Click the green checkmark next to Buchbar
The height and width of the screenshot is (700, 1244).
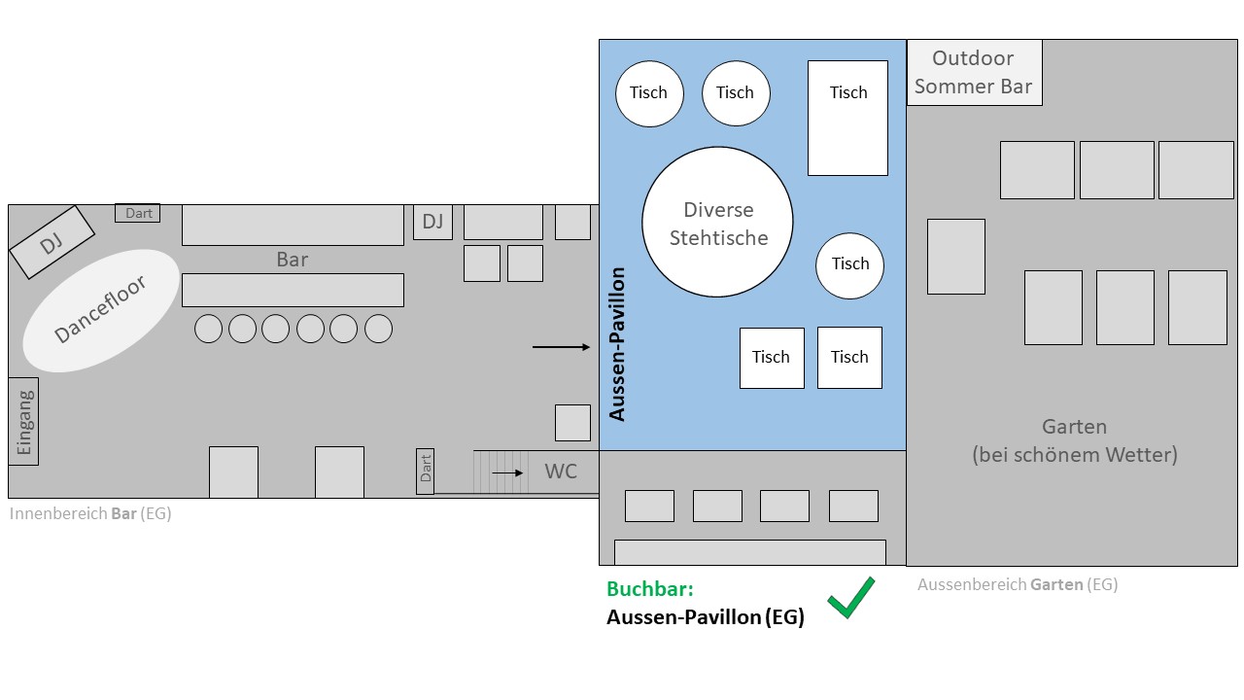[850, 599]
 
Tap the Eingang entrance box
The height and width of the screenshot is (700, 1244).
[23, 421]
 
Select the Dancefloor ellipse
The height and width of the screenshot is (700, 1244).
[101, 309]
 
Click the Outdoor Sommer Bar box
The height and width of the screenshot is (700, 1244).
[974, 73]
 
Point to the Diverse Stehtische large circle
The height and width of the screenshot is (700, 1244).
[717, 223]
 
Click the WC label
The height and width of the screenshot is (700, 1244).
[561, 472]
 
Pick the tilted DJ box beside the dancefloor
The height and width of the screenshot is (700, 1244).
[52, 242]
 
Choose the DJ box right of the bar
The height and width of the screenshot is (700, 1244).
[432, 222]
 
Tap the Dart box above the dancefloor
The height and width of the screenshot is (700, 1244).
[138, 213]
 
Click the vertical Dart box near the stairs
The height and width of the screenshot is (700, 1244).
[425, 471]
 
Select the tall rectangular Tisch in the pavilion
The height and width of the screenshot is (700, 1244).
[847, 118]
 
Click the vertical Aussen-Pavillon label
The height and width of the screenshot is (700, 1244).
[617, 343]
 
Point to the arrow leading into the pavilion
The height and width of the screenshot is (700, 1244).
[562, 347]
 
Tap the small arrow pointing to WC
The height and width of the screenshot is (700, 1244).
[507, 472]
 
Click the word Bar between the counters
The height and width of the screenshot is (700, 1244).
[292, 260]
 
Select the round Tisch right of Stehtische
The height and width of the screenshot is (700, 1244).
[849, 264]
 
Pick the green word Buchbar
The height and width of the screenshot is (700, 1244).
[650, 589]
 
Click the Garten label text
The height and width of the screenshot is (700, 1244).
[1074, 439]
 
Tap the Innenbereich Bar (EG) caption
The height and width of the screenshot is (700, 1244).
[90, 513]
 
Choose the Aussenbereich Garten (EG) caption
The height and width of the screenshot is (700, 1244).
[1017, 584]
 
